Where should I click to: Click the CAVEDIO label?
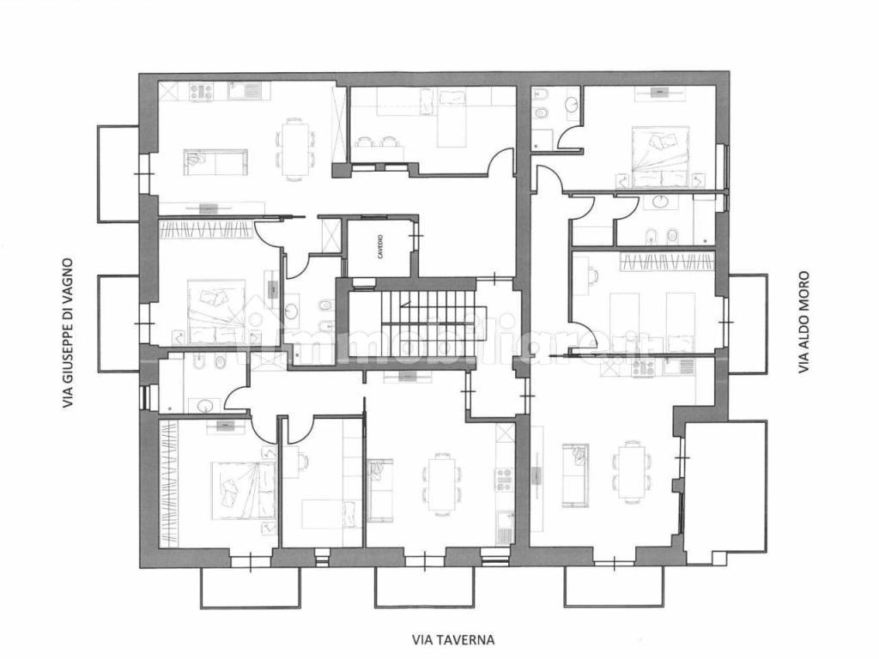click(380, 247)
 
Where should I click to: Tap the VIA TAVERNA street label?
click(453, 639)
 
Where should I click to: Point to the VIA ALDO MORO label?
click(803, 323)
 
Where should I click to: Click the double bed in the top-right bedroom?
click(660, 157)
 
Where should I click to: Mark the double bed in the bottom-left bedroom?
click(243, 491)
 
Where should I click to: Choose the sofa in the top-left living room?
click(215, 162)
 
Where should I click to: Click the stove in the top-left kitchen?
click(200, 91)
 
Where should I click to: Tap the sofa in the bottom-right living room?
click(575, 474)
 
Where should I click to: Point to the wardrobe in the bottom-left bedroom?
click(169, 482)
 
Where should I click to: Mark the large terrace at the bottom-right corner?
click(724, 493)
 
